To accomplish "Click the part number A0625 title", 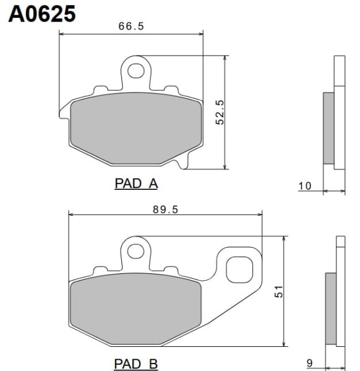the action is [42, 14].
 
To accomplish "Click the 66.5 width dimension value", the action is [131, 26].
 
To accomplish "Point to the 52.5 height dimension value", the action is [220, 112].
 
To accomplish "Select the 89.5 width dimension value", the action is [165, 210].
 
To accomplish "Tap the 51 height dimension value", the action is [278, 291].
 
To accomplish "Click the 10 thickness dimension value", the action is [305, 186].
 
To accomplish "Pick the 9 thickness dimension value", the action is [309, 363].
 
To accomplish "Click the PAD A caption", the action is [136, 184].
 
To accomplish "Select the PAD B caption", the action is [136, 364].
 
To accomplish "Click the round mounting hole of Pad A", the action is [136, 70].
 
